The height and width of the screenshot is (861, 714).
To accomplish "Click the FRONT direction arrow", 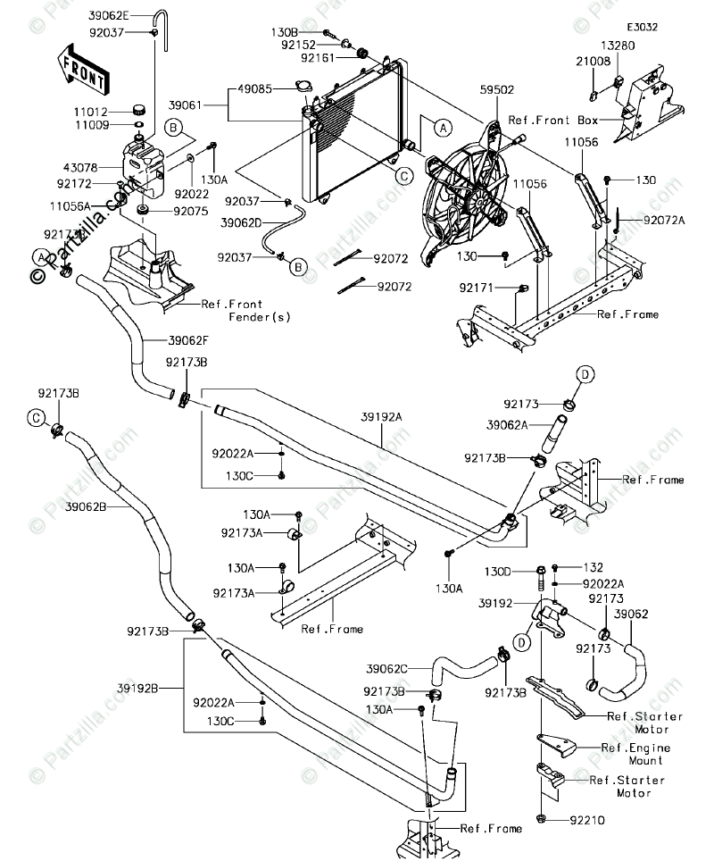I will [x=82, y=70].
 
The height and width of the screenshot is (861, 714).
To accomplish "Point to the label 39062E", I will [x=109, y=16].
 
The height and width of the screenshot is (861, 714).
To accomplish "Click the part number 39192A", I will [x=381, y=416].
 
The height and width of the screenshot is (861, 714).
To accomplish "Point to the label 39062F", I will [x=187, y=340].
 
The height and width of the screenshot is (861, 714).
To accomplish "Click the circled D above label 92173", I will [x=581, y=374].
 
